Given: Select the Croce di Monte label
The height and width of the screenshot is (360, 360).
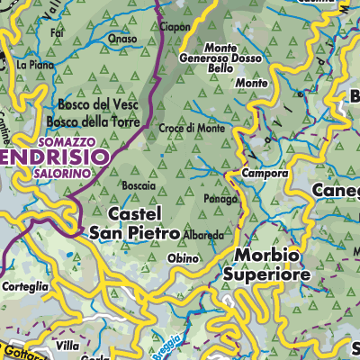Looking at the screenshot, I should coord(193,129).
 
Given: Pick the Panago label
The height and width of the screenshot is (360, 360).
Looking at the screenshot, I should coord(220,198).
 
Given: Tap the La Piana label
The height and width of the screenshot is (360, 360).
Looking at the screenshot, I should coord(35,65).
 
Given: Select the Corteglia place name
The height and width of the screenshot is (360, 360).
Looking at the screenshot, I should coord(31,287).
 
